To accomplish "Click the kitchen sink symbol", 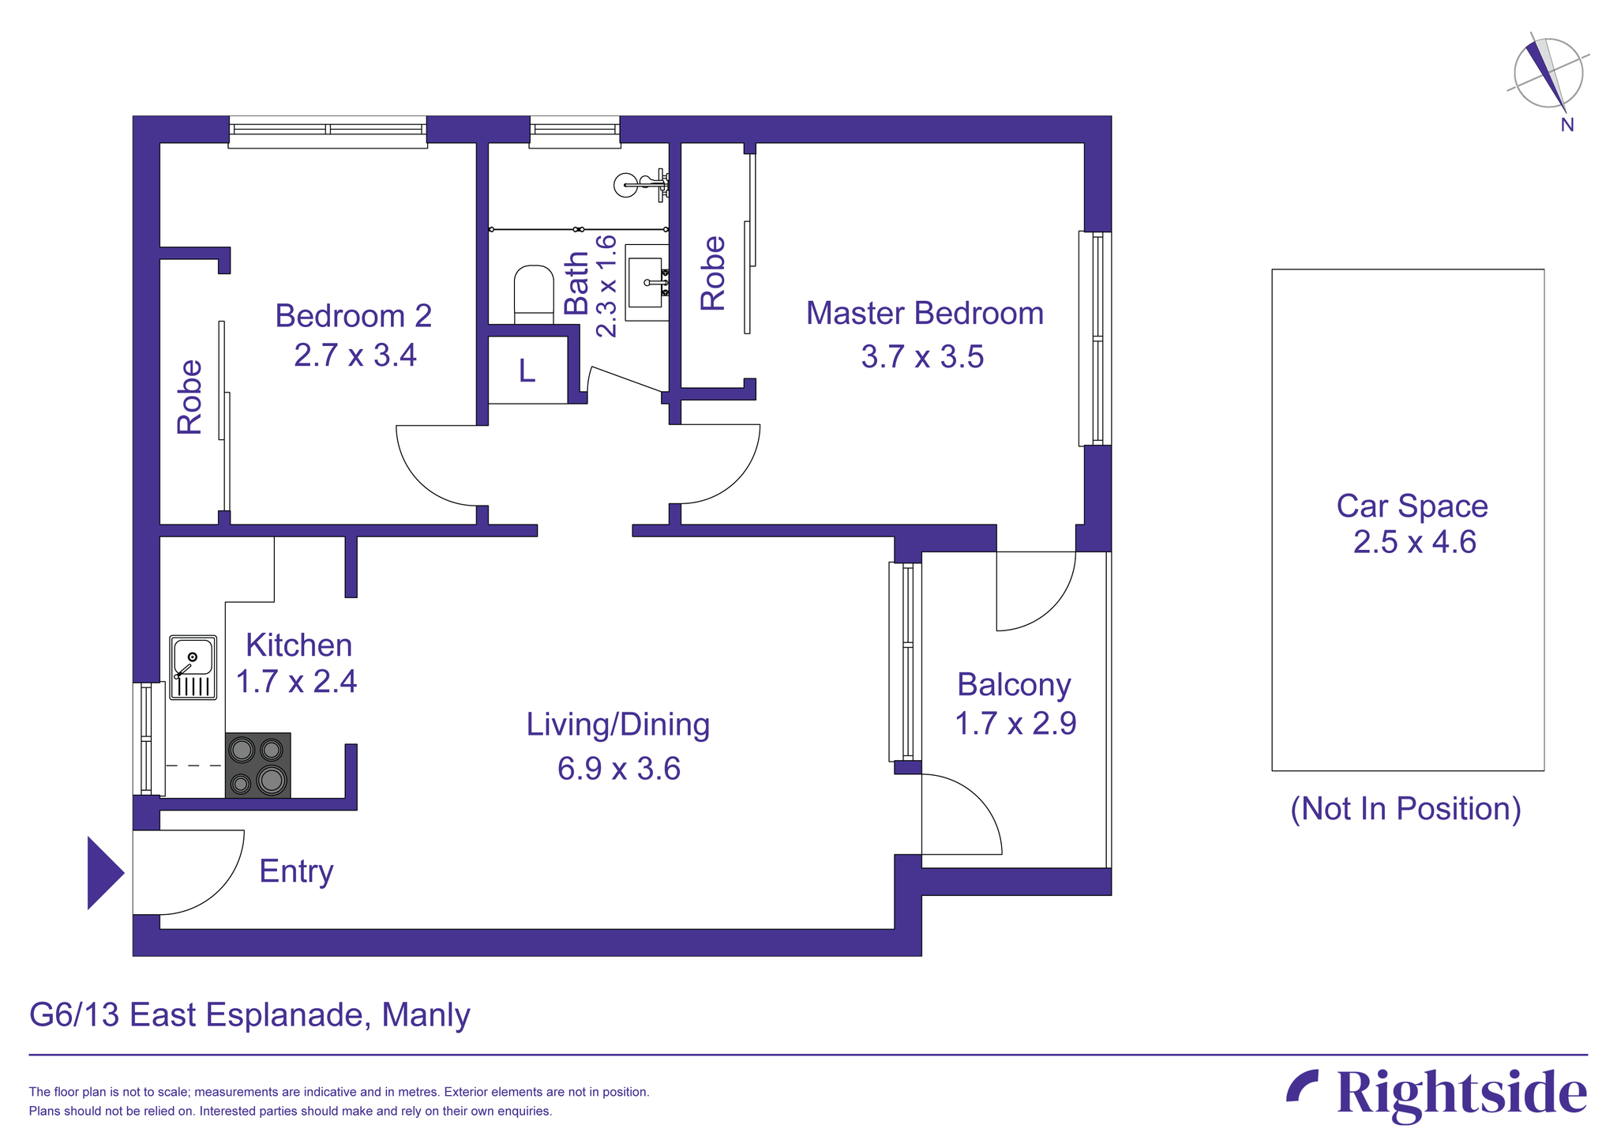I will pyautogui.click(x=193, y=667).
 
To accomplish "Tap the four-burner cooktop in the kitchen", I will pyautogui.click(x=257, y=765).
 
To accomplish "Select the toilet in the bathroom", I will pyautogui.click(x=534, y=294).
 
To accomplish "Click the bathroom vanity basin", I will pyautogui.click(x=647, y=282).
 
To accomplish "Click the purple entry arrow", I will pyautogui.click(x=103, y=872).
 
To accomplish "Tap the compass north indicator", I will pyautogui.click(x=1548, y=75).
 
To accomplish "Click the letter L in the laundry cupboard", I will pyautogui.click(x=527, y=371).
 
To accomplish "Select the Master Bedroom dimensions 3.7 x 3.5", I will pyautogui.click(x=922, y=356).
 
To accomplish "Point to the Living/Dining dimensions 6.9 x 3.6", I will pyautogui.click(x=618, y=768).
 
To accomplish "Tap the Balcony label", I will pyautogui.click(x=1014, y=684).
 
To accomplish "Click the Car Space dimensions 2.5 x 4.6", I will pyautogui.click(x=1414, y=542).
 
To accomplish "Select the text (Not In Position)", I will pyautogui.click(x=1405, y=808).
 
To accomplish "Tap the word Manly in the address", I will pyautogui.click(x=426, y=1014).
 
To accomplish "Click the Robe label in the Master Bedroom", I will pyautogui.click(x=713, y=273).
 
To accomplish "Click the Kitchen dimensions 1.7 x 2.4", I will pyautogui.click(x=296, y=680).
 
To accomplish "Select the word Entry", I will pyautogui.click(x=296, y=871).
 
